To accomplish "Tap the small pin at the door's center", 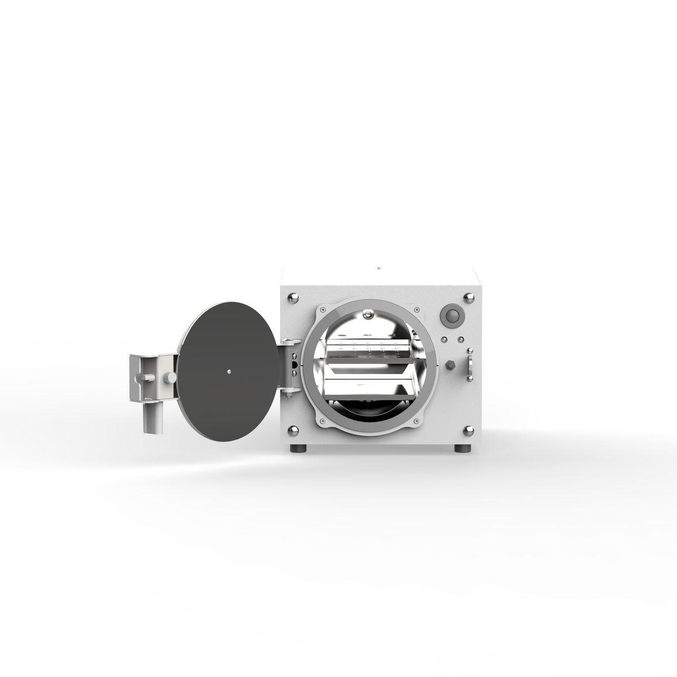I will click(x=229, y=371).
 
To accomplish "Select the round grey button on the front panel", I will click(x=452, y=315).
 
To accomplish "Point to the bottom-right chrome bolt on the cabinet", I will click(x=468, y=432).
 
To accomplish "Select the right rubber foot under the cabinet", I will click(x=463, y=449).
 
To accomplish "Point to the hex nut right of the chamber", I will click(x=450, y=364).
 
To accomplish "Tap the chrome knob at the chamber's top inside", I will click(x=368, y=314).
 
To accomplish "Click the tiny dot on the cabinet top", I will click(x=379, y=268).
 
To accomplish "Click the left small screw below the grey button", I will click(x=445, y=338).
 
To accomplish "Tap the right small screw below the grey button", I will click(x=460, y=338).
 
